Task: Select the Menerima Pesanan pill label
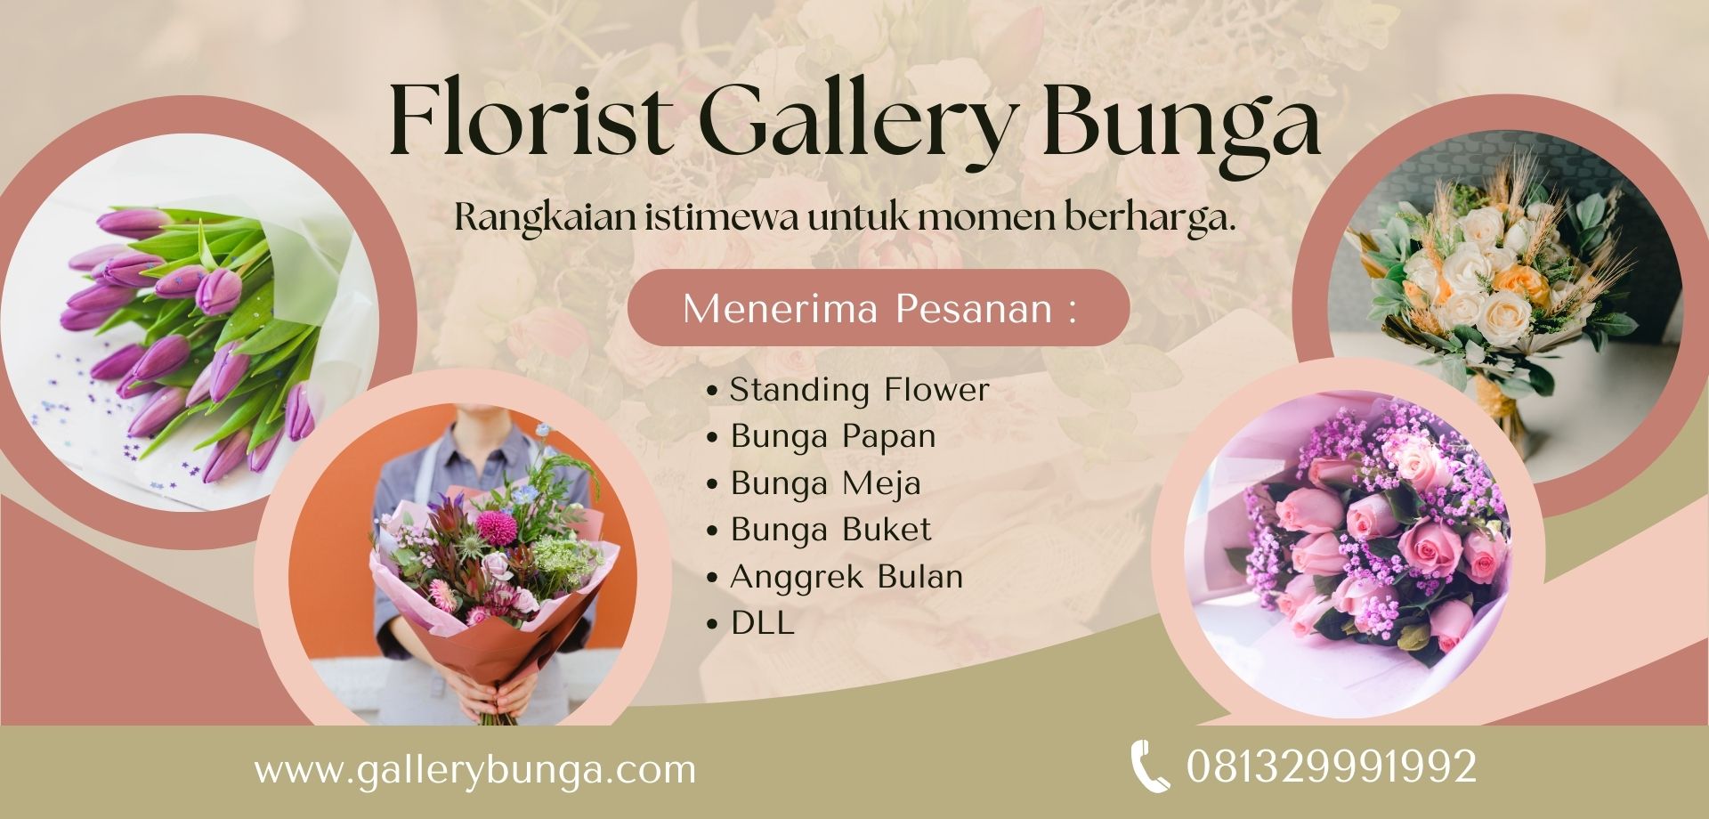[x=879, y=308]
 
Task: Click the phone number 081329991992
[x=1332, y=766]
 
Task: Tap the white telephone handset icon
[x=1150, y=766]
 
